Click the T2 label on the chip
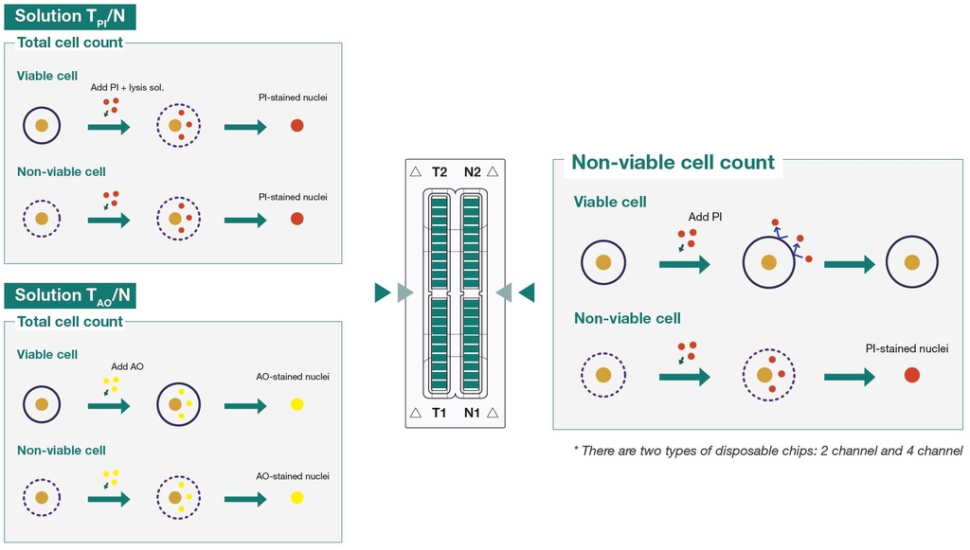tap(440, 171)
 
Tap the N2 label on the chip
tap(472, 171)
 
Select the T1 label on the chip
tap(439, 412)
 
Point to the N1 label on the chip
tap(472, 412)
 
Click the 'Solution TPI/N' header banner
tap(70, 17)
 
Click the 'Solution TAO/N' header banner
tap(70, 295)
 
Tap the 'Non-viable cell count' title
tap(673, 162)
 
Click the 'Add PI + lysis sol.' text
tap(128, 88)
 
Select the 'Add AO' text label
tap(128, 366)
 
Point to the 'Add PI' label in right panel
tap(705, 217)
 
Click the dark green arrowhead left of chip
tap(383, 293)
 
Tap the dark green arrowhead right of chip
tap(527, 293)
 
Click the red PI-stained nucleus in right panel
tap(912, 375)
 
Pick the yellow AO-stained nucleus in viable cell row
tap(296, 405)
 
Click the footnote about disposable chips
tap(767, 451)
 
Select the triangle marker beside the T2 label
tap(416, 171)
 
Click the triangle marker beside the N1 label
tap(493, 413)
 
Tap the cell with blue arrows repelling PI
tap(769, 262)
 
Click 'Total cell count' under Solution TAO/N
tap(70, 321)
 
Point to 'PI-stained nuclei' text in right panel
tap(907, 348)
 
